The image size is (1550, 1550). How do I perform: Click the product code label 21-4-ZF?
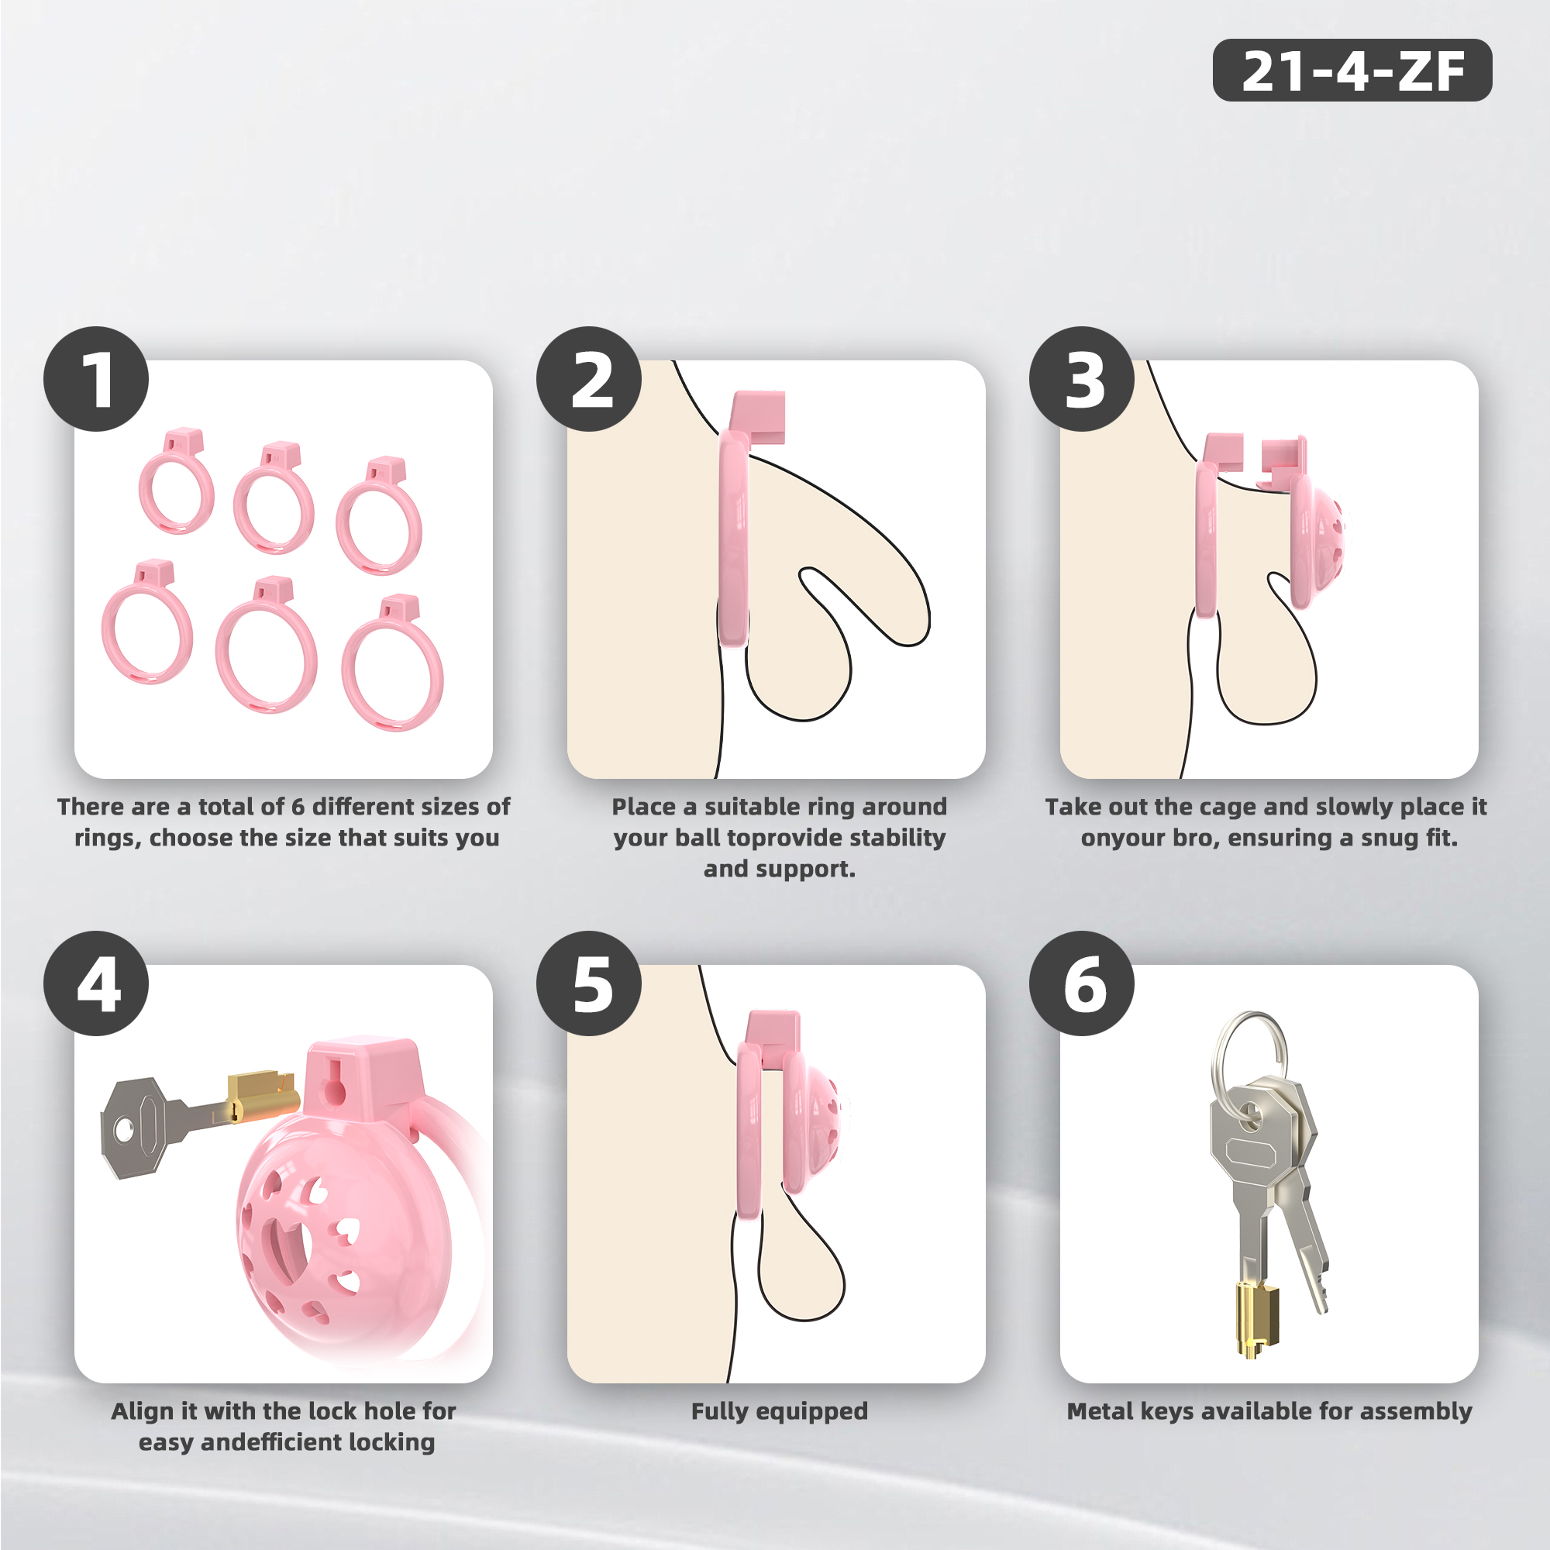[x=1352, y=70]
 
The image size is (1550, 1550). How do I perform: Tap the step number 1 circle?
[x=96, y=379]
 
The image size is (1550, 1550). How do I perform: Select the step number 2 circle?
[x=589, y=379]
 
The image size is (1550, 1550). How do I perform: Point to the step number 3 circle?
[x=1081, y=379]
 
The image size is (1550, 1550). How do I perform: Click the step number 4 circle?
[x=96, y=983]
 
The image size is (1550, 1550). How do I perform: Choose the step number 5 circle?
[x=589, y=983]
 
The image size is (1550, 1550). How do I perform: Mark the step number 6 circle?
[x=1081, y=983]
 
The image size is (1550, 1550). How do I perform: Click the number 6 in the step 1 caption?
[x=297, y=806]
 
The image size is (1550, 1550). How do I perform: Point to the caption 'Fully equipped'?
[x=780, y=1411]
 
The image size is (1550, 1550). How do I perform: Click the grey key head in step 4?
[x=136, y=1127]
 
